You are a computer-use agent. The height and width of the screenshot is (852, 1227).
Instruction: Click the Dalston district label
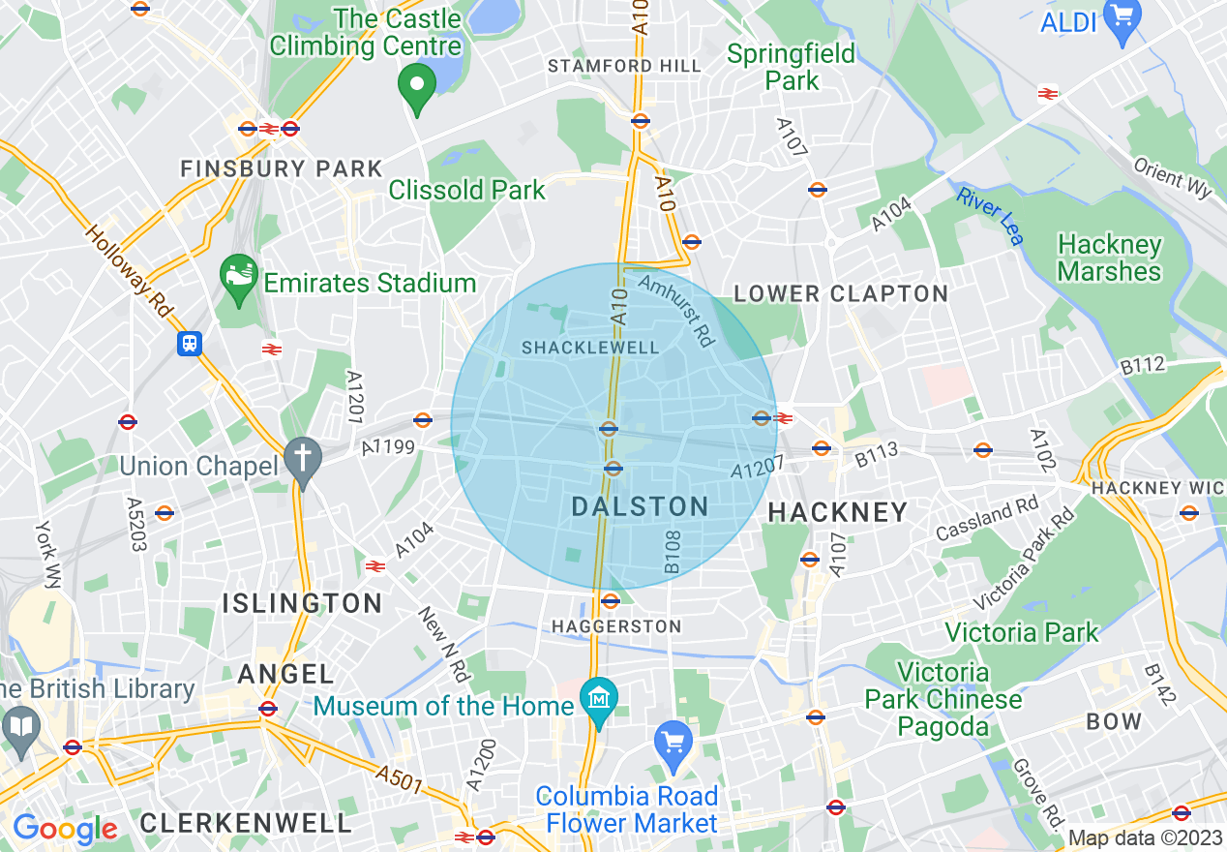640,506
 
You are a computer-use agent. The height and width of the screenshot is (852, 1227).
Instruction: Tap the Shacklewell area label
590,348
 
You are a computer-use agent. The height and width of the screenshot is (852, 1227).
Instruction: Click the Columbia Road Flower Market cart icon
673,744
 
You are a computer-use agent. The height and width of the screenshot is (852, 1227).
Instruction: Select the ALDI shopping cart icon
1122,15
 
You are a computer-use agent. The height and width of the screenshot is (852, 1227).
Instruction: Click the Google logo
65,829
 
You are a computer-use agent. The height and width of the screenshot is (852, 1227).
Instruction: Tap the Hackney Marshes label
1109,258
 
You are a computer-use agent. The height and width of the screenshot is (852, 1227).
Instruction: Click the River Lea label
990,215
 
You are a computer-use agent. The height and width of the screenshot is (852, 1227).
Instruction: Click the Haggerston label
616,627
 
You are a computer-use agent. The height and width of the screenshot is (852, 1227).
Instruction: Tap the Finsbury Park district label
282,168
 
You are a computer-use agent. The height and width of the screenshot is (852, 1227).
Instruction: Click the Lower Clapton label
840,294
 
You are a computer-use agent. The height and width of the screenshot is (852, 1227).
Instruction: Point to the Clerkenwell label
246,824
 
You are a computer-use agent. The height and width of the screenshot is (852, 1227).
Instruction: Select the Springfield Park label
792,67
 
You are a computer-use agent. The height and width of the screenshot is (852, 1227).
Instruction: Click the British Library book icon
20,724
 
